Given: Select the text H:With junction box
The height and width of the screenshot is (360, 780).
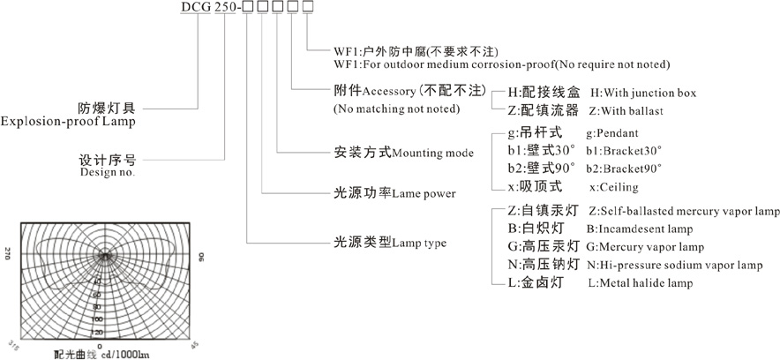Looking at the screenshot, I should [643, 93].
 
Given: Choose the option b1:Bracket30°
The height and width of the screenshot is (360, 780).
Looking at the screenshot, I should [623, 150].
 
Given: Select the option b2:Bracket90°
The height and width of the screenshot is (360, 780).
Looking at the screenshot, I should [623, 168].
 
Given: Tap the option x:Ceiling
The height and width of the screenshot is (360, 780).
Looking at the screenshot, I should [612, 187].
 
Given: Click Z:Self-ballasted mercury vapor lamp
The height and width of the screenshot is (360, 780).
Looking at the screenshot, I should [684, 211].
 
